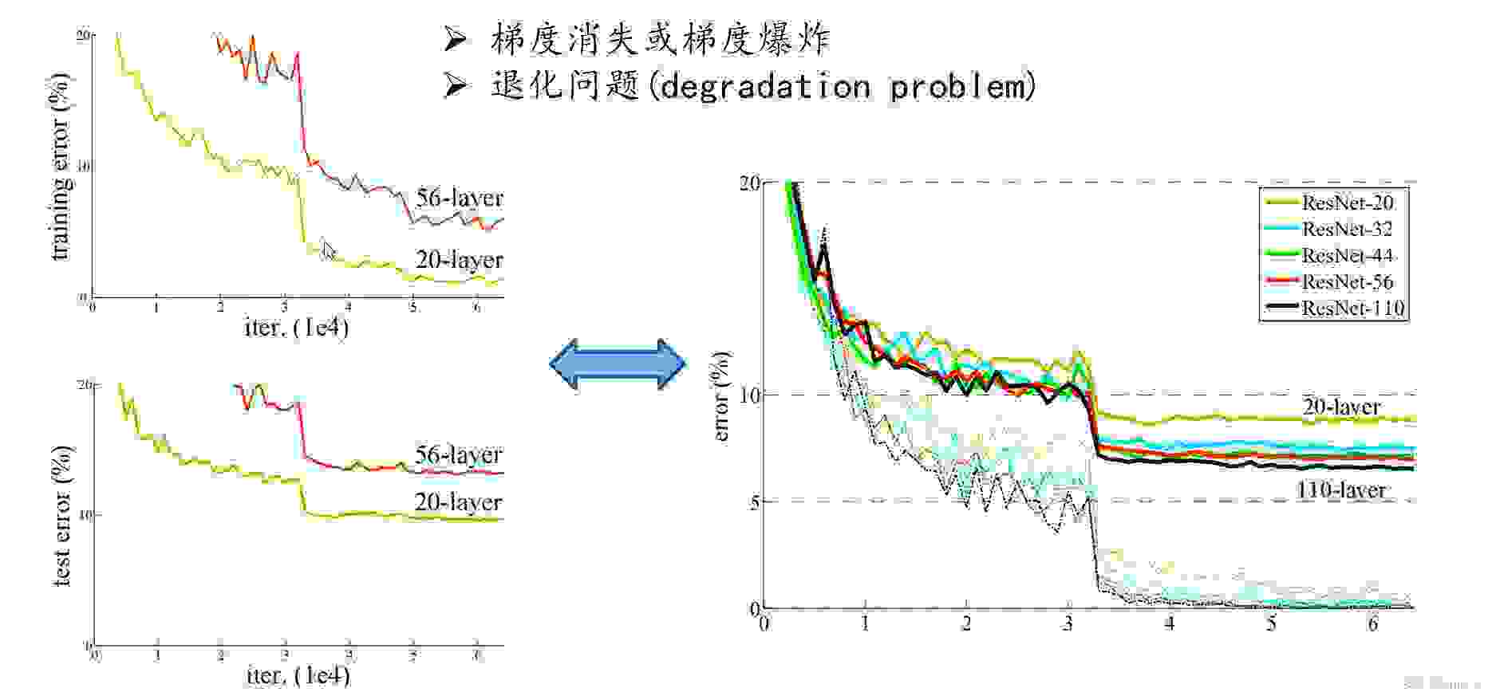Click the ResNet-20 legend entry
1347,203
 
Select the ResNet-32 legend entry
1347,230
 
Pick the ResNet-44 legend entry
1347,256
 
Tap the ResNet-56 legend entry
1347,282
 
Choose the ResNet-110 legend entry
1352,309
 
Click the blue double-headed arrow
618,364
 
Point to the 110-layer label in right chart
1340,490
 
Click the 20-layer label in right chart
1341,407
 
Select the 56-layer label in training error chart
459,198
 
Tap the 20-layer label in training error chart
459,260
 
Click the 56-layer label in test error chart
458,454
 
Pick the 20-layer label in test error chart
458,502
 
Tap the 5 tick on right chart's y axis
754,501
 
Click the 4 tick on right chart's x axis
1170,623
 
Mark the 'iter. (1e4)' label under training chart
297,327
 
